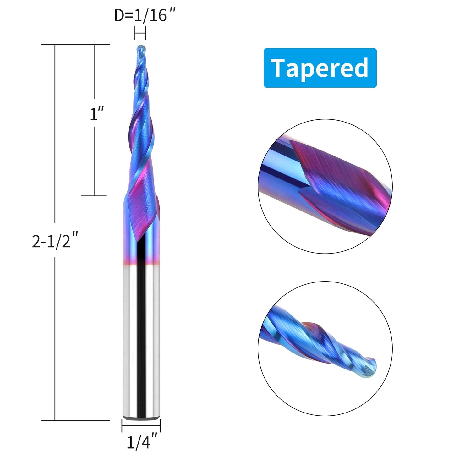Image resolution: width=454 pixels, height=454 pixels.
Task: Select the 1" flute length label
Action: tap(96, 114)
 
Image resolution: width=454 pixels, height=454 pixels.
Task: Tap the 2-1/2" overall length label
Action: tap(55, 240)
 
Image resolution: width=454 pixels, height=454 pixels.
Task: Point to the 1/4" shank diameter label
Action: tap(142, 442)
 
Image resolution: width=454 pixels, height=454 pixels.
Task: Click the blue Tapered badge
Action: tap(320, 68)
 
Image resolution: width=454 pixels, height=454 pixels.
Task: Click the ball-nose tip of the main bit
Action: tap(141, 49)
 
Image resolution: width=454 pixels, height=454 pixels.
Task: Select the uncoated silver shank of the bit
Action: tap(141, 339)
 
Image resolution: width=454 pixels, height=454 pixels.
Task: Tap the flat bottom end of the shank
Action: tap(141, 418)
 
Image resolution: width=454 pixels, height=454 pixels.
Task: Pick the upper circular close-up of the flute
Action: tap(325, 186)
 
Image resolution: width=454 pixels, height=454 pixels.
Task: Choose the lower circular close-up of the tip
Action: tap(325, 348)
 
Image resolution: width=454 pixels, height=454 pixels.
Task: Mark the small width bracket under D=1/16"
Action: tap(140, 33)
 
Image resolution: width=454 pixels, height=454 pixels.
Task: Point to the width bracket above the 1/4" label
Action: tap(141, 426)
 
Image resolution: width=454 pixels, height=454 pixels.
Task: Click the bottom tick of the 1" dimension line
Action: tap(94, 196)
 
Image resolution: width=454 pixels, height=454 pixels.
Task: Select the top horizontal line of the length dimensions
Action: tap(75, 45)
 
